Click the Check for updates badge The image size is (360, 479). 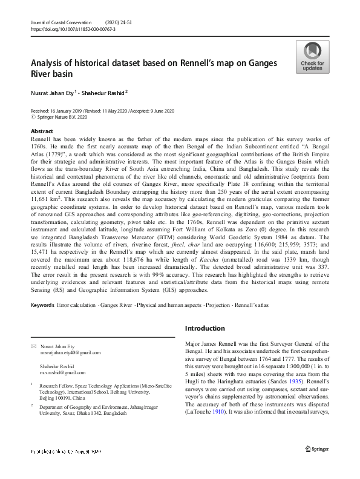click(312, 57)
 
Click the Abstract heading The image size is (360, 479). click(42, 131)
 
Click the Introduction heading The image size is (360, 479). click(205, 328)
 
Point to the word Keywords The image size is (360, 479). click(42, 305)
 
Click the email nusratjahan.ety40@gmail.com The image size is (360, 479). click(70, 352)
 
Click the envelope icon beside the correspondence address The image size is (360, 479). click(33, 346)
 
